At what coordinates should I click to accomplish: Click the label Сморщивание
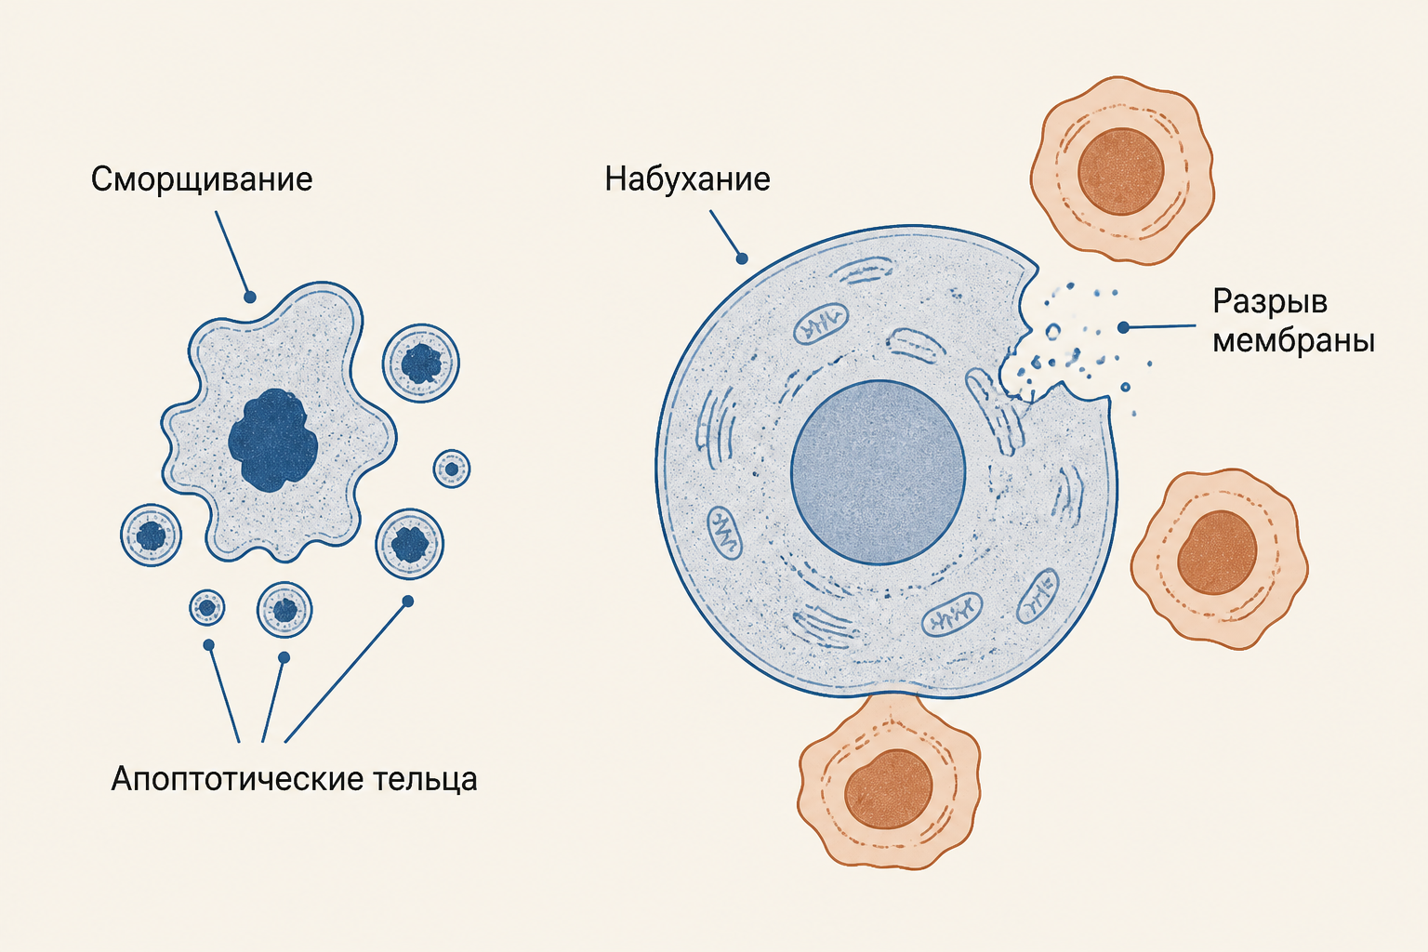[x=202, y=179]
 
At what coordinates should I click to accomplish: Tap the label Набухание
[x=687, y=179]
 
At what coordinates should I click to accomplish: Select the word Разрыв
[x=1270, y=302]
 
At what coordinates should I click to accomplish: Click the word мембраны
[x=1293, y=341]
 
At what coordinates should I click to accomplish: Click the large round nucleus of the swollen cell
[x=878, y=472]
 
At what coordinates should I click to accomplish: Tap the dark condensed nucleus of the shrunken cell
[x=272, y=440]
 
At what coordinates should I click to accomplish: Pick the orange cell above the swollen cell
[x=1122, y=170]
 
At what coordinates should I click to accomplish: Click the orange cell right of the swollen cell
[x=1220, y=560]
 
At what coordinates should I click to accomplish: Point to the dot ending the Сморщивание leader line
[x=250, y=297]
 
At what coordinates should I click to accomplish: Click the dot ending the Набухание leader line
[x=741, y=258]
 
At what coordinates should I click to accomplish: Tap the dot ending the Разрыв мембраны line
[x=1123, y=328]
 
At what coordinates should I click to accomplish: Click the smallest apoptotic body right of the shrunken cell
[x=451, y=469]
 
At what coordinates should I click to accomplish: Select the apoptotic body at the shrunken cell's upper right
[x=421, y=363]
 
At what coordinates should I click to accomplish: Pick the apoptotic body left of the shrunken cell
[x=152, y=535]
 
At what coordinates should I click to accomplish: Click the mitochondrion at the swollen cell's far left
[x=724, y=533]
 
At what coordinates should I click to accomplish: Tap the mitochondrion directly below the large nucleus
[x=952, y=614]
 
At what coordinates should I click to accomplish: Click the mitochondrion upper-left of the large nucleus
[x=821, y=324]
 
